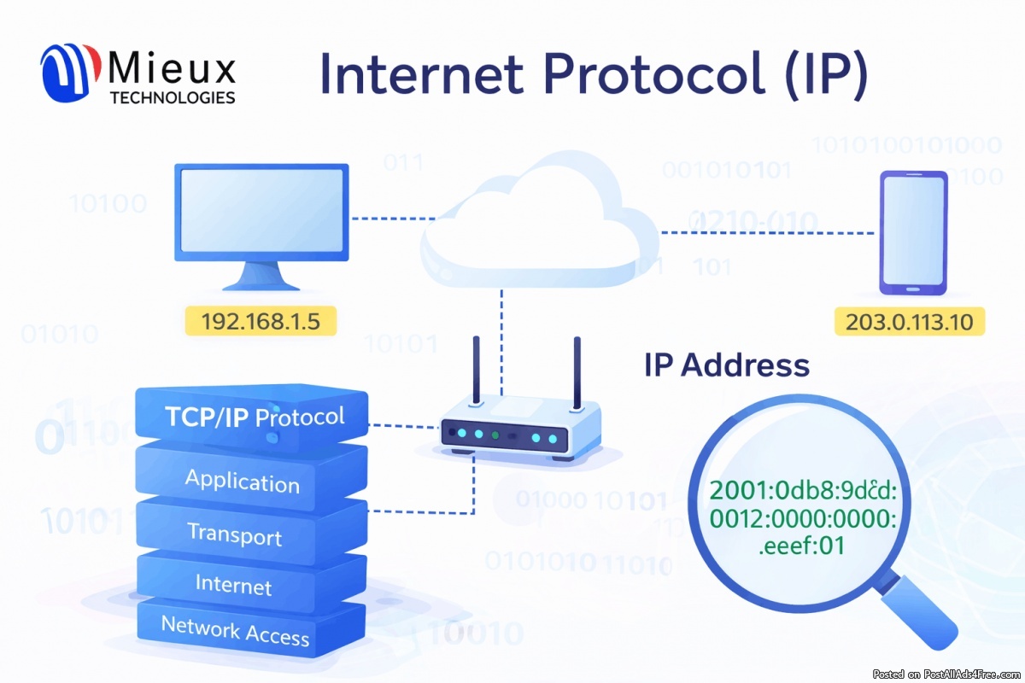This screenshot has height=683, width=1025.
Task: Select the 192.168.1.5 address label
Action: (x=261, y=322)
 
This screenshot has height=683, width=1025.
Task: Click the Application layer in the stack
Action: (x=243, y=482)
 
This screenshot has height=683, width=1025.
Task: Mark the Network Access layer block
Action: (x=235, y=632)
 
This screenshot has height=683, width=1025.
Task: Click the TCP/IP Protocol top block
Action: (x=255, y=416)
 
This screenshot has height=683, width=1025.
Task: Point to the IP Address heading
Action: (x=725, y=365)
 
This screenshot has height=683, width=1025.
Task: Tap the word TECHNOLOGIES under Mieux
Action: (x=173, y=98)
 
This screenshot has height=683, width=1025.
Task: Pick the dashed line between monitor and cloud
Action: (x=388, y=219)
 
